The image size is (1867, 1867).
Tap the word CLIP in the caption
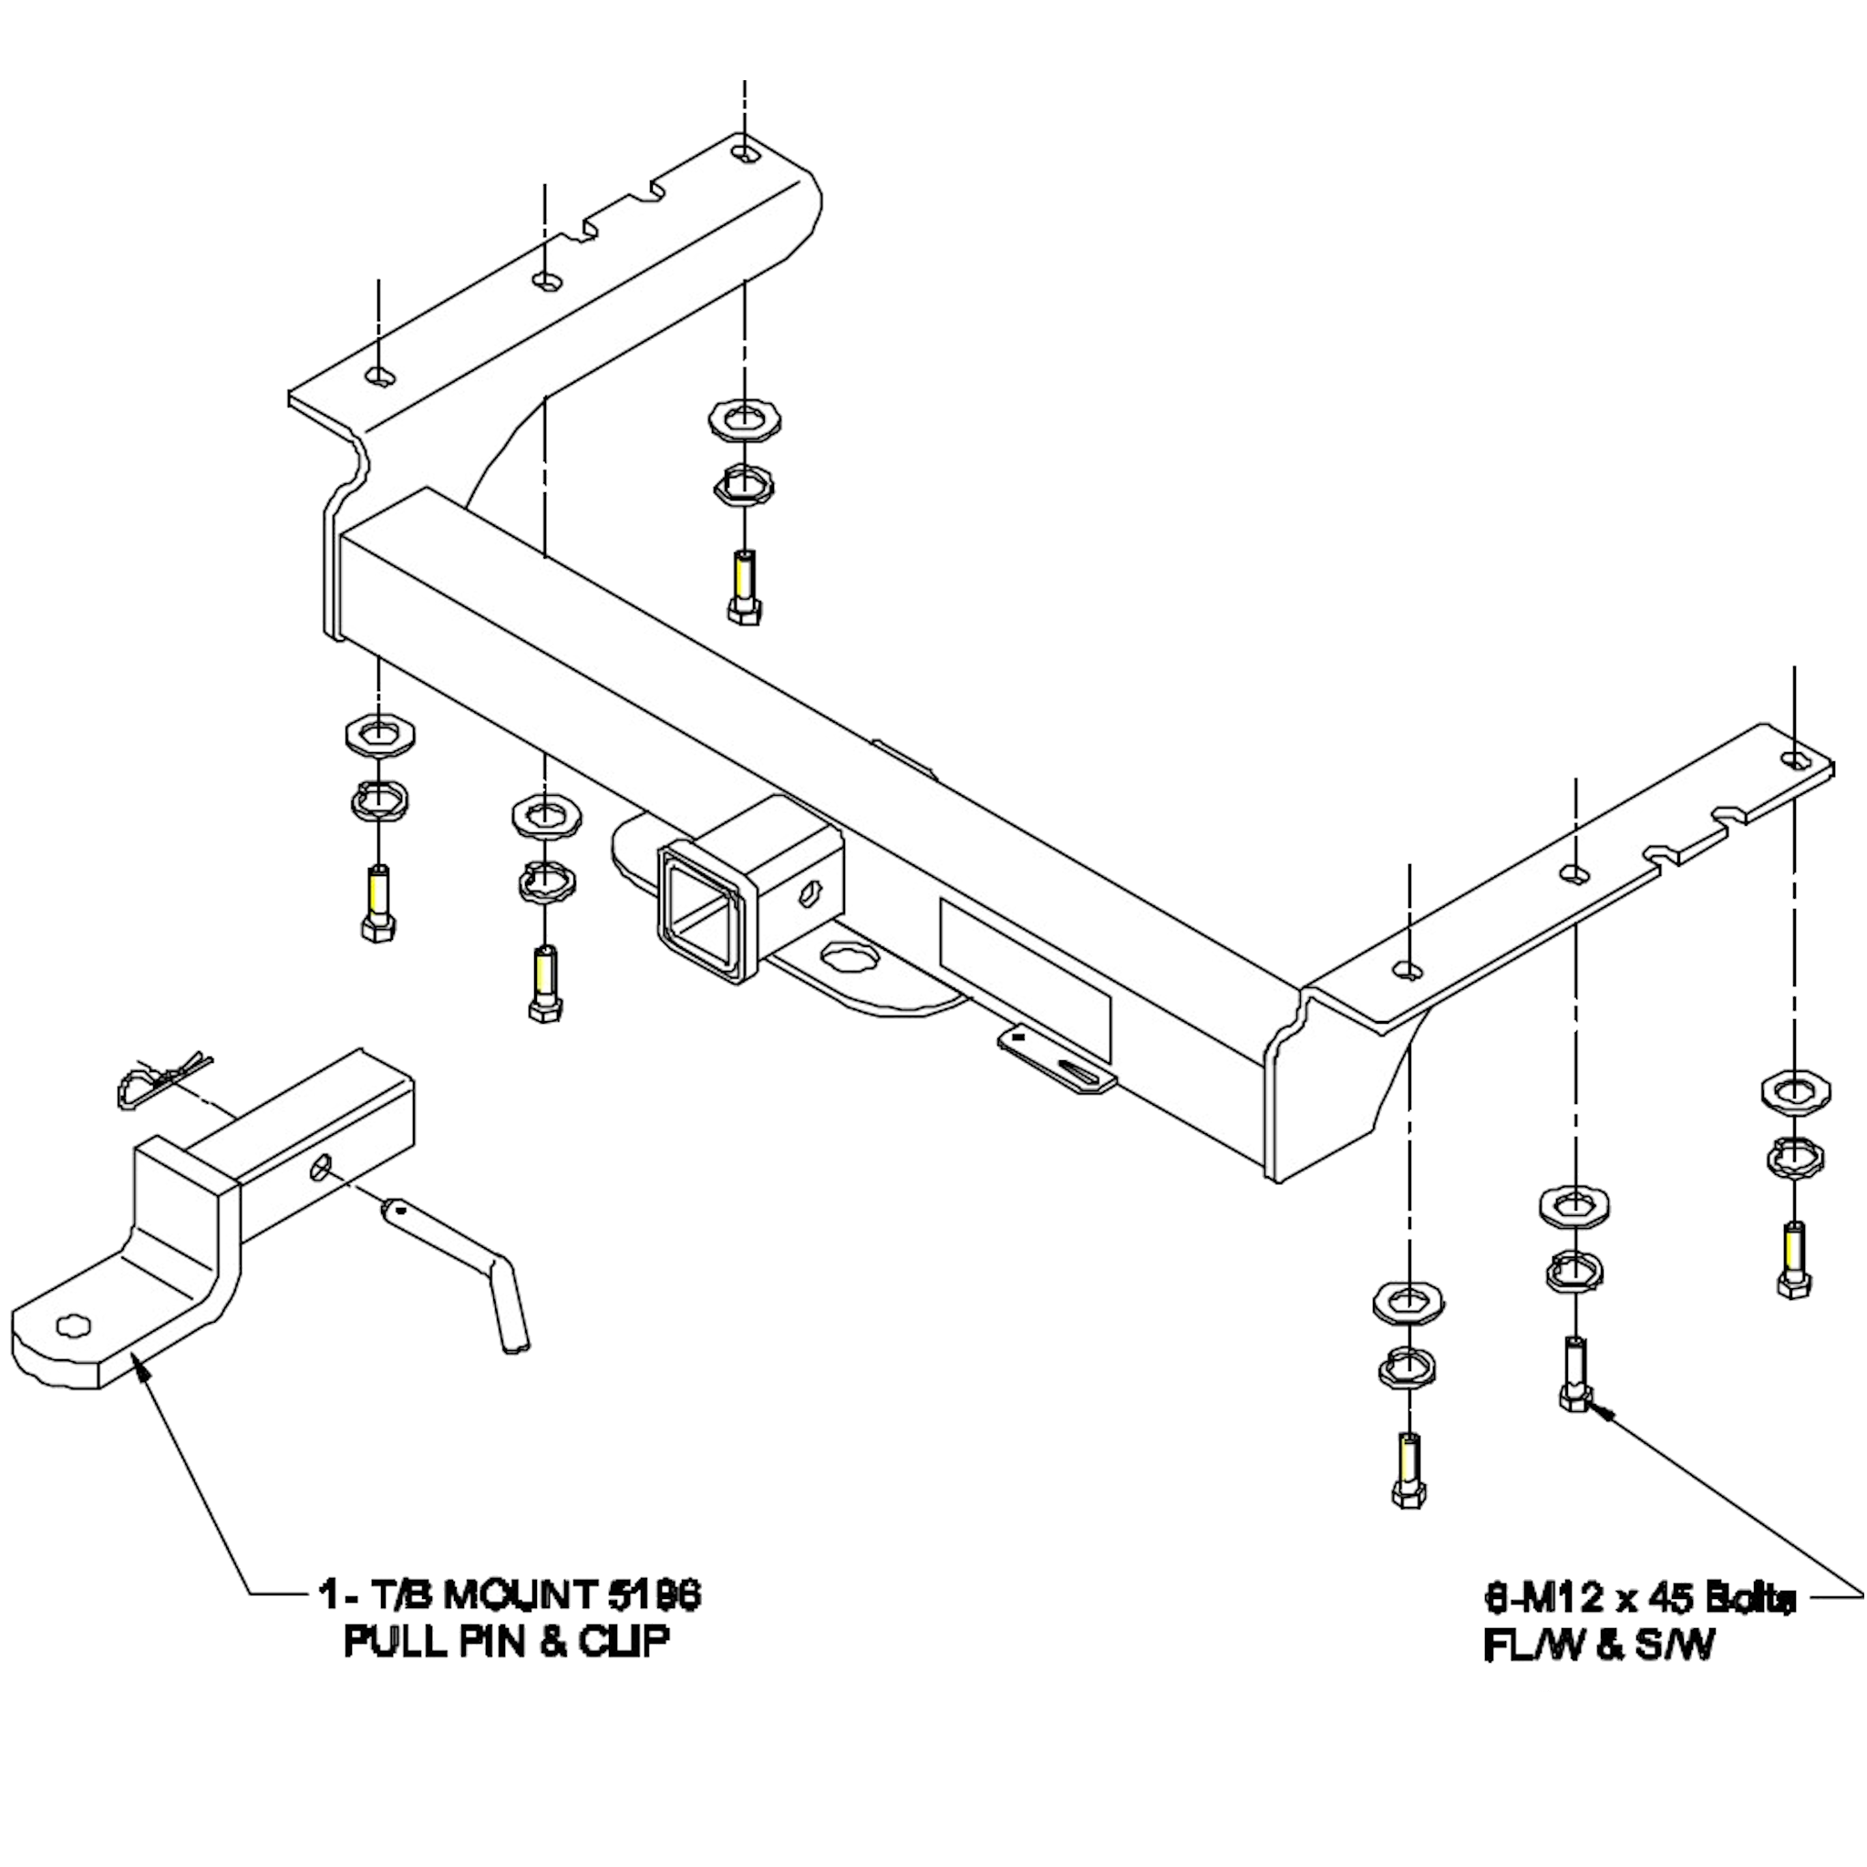point(624,1641)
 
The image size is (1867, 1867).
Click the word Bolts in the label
point(1749,1598)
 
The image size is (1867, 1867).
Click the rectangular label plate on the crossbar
point(1025,978)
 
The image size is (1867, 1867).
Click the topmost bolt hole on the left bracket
point(745,152)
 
